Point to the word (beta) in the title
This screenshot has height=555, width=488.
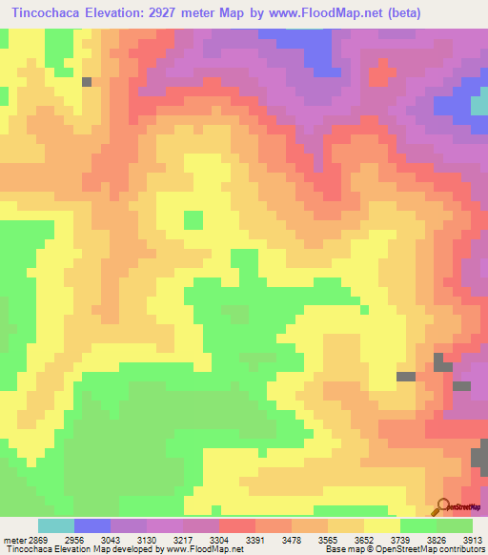(x=420, y=12)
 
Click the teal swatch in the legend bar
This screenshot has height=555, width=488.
(x=56, y=525)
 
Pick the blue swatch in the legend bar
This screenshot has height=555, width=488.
(x=92, y=525)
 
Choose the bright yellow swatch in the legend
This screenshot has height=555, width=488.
(x=381, y=525)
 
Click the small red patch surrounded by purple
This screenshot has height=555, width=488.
(x=383, y=72)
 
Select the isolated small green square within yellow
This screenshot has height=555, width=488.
(x=193, y=220)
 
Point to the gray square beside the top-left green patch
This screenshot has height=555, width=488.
(x=87, y=82)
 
